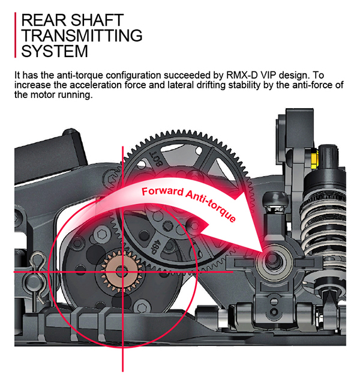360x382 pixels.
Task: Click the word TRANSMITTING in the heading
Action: pos(82,35)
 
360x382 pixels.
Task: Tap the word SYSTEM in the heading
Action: pos(55,51)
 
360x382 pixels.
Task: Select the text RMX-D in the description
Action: pos(242,75)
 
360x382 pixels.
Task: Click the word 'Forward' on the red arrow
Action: pos(162,192)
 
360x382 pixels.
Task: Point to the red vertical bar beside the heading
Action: pos(16,35)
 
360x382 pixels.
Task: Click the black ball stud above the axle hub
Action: pos(275,200)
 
